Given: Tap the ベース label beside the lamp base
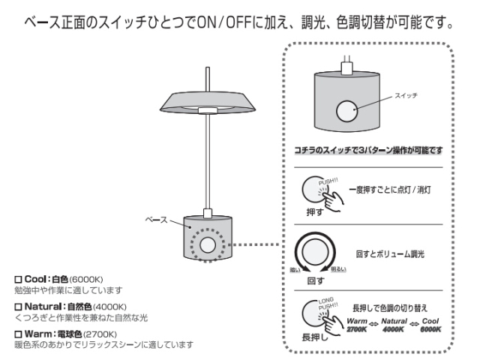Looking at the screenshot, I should pyautogui.click(x=160, y=220).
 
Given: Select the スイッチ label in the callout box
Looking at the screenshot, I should pyautogui.click(x=404, y=97).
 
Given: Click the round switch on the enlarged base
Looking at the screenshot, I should pyautogui.click(x=347, y=111).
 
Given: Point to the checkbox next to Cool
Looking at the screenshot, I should pyautogui.click(x=19, y=278).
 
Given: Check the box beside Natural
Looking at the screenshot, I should pyautogui.click(x=19, y=306).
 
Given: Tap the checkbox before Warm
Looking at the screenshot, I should pyautogui.click(x=19, y=334).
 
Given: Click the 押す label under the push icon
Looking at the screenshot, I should pyautogui.click(x=316, y=212).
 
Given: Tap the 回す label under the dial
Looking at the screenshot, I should pyautogui.click(x=316, y=280).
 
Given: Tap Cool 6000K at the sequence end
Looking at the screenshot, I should pyautogui.click(x=430, y=325).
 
